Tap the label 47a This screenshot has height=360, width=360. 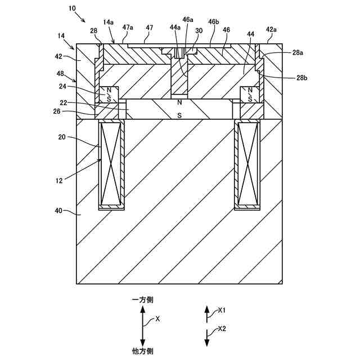tap(128, 27)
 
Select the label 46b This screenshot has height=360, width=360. tap(213, 21)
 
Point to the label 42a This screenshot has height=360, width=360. tap(271, 29)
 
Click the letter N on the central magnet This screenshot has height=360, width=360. tap(179, 102)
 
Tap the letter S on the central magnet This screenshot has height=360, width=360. tap(179, 115)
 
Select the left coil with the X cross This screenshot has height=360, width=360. tap(111, 164)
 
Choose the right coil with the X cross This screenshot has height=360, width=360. tap(248, 164)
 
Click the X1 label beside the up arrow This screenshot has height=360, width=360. tap(222, 310)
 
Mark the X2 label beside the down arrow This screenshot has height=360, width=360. tap(222, 328)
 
